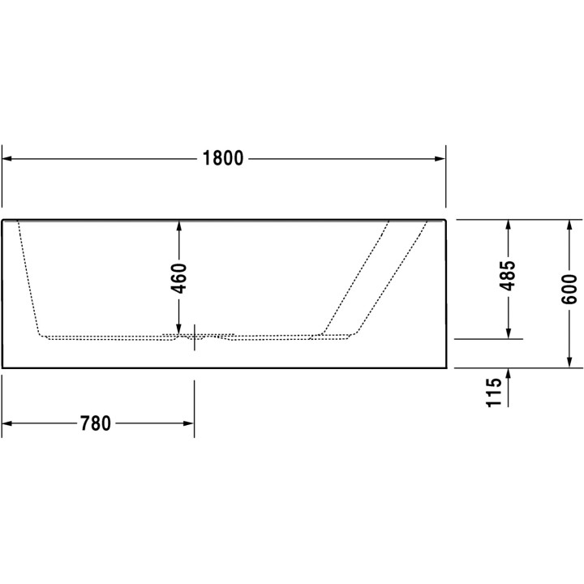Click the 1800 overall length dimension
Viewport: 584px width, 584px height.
click(223, 159)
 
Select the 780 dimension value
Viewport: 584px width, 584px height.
click(96, 423)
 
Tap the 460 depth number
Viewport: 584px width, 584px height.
click(179, 278)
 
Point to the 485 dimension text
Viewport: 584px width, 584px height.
click(508, 277)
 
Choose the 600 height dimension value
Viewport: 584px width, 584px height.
click(569, 290)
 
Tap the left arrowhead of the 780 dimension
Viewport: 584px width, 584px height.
click(8, 423)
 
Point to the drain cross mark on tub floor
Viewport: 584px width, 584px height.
click(194, 334)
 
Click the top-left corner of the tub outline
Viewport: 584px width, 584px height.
click(2, 219)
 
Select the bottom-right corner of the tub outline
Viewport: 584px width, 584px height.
click(446, 367)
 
